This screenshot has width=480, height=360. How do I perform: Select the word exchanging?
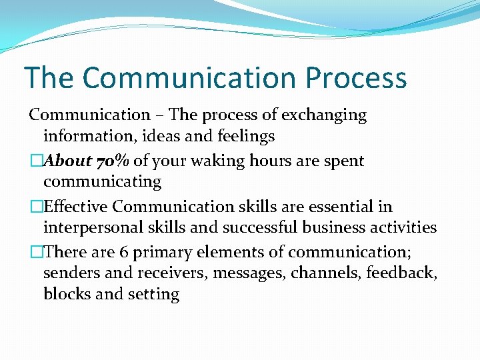click(324, 115)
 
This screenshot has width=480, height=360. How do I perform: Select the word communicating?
click(102, 181)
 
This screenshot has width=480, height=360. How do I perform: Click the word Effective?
click(73, 207)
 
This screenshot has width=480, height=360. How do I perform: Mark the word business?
click(339, 227)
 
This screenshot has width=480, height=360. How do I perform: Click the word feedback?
click(399, 273)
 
